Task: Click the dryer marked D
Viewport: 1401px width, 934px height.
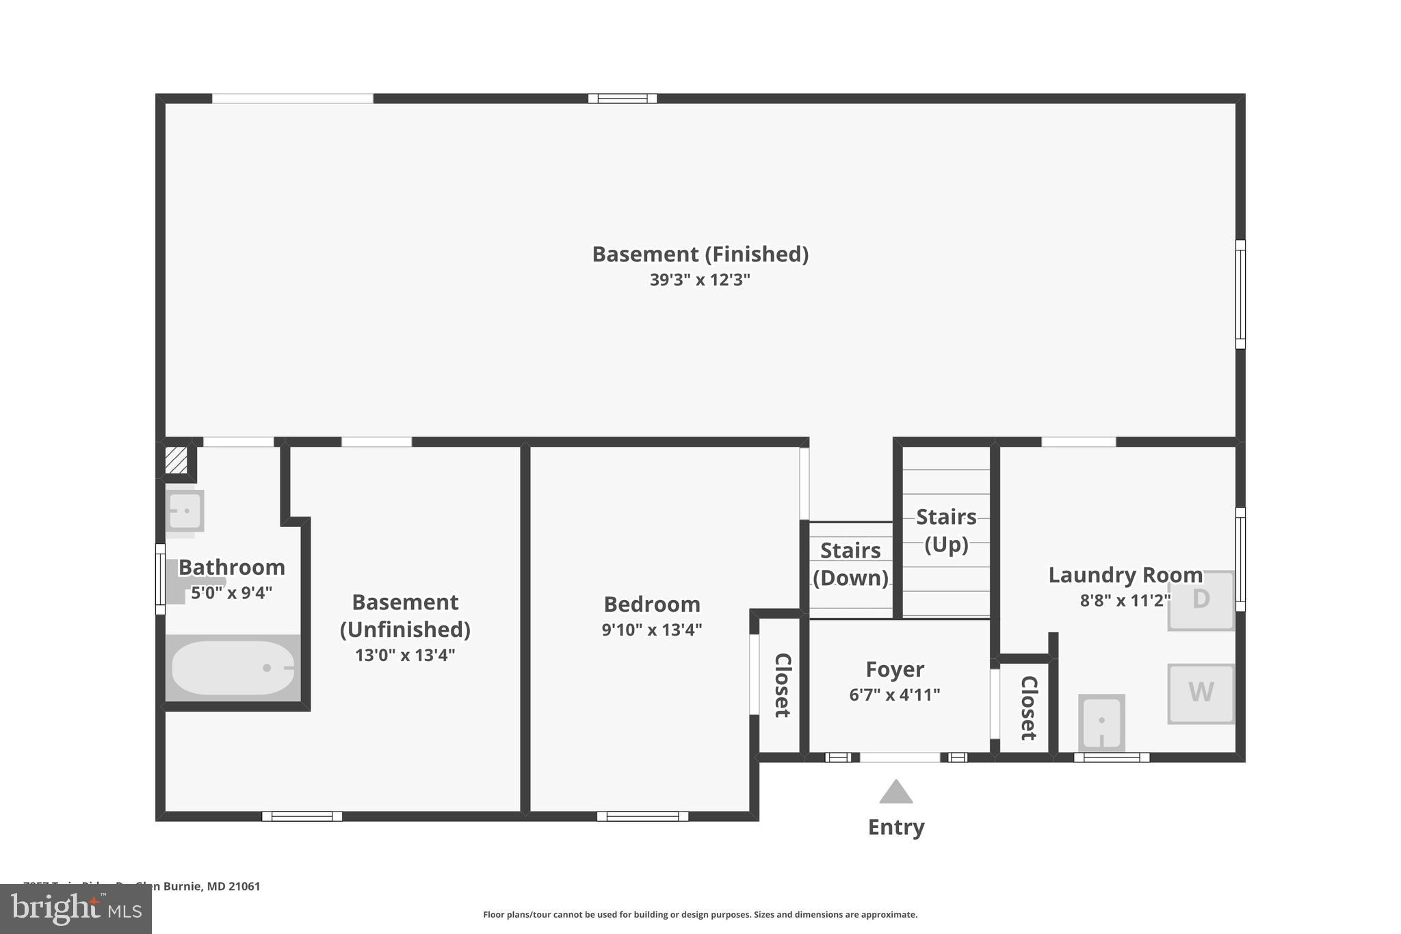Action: [x=1201, y=600]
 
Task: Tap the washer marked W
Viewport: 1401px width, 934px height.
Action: [x=1201, y=693]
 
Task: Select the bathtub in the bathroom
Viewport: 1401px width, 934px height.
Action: [x=233, y=668]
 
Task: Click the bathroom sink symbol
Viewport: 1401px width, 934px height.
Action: [x=185, y=510]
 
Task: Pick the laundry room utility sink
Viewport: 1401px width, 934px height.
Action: [x=1101, y=723]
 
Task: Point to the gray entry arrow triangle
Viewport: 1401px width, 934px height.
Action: [x=895, y=793]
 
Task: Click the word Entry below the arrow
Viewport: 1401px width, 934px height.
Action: [x=895, y=827]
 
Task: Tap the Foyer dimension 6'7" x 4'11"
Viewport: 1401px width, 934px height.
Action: [x=894, y=695]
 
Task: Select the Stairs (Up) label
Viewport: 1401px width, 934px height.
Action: [x=946, y=530]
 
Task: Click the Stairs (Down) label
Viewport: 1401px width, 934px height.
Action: [x=850, y=564]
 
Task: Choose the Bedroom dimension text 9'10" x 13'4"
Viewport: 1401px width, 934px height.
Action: [x=651, y=630]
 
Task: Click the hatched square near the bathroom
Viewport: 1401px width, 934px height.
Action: [x=176, y=460]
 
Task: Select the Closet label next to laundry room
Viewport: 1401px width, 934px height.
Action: [x=1028, y=708]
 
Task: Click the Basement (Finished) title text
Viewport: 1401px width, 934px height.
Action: [x=700, y=255]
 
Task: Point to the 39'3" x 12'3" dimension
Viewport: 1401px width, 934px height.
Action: [x=700, y=280]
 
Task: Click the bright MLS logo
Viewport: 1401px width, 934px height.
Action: [x=75, y=909]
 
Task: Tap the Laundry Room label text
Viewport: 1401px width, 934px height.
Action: [x=1125, y=575]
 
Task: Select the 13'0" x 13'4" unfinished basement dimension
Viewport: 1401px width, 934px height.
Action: [x=404, y=656]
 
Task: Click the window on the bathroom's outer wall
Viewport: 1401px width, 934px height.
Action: [x=160, y=579]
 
